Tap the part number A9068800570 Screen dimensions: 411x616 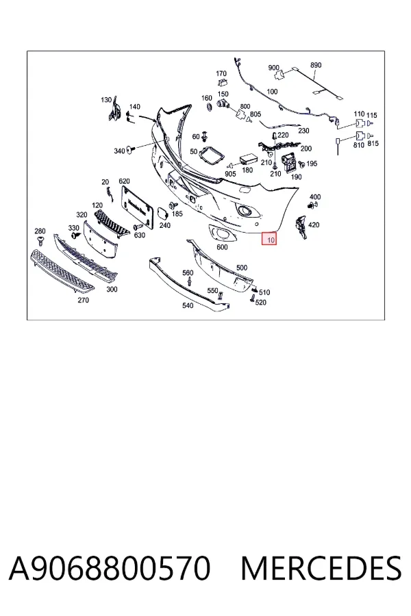(x=110, y=568)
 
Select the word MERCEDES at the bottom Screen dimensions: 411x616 (x=321, y=568)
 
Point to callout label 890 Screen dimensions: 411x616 (x=316, y=65)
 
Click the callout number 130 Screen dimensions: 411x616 (x=106, y=100)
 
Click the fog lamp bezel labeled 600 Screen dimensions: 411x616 (x=221, y=234)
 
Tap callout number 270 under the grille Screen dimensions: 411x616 (x=83, y=300)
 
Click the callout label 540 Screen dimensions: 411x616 (x=188, y=305)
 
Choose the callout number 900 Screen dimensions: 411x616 (x=273, y=68)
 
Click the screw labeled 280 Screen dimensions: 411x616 (x=40, y=240)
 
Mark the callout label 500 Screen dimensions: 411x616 (x=242, y=268)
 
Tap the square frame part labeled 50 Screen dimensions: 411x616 (x=211, y=155)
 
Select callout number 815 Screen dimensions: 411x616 (x=373, y=144)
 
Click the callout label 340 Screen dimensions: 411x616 (x=119, y=151)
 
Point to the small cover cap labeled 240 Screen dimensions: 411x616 (x=162, y=214)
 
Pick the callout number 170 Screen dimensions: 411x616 (x=221, y=73)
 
